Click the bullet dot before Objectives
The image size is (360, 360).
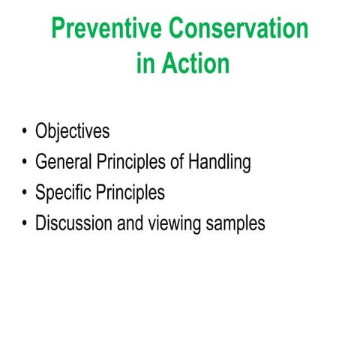pyautogui.click(x=25, y=133)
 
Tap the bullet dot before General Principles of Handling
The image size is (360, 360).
pyautogui.click(x=25, y=163)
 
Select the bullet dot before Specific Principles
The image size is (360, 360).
pyautogui.click(x=25, y=193)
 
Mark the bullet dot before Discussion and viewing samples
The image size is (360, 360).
pyautogui.click(x=25, y=224)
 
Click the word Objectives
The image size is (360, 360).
pyautogui.click(x=72, y=132)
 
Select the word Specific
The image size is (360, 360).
pyautogui.click(x=64, y=193)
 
